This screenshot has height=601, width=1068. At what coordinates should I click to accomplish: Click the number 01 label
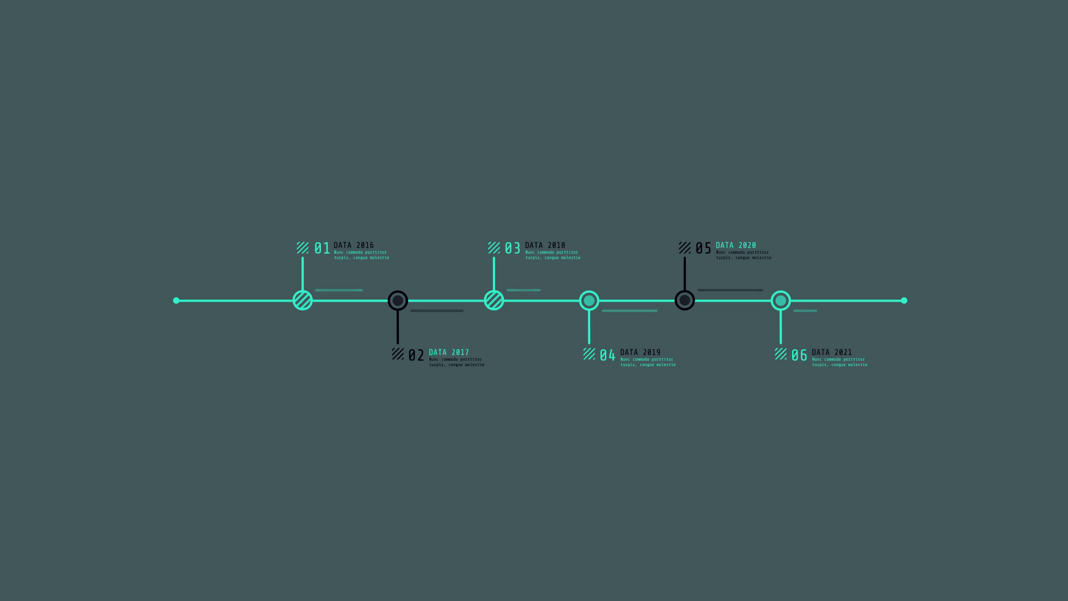click(322, 248)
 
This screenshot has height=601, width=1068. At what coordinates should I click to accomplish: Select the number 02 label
click(416, 356)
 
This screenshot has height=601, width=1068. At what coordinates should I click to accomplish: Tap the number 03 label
click(512, 248)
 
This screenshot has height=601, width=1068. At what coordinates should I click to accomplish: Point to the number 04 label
click(607, 356)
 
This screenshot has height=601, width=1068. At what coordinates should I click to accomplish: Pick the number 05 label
click(703, 248)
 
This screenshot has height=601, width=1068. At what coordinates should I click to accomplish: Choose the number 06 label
click(799, 356)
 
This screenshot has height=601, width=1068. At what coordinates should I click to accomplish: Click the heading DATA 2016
click(354, 245)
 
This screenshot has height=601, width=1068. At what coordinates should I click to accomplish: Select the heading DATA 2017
click(449, 352)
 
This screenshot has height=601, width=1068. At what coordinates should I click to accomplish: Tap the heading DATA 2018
click(545, 245)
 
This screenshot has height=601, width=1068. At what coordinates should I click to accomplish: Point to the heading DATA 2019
click(640, 352)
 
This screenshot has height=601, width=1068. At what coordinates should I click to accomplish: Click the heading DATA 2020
click(736, 245)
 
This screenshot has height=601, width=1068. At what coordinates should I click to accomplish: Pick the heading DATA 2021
click(832, 352)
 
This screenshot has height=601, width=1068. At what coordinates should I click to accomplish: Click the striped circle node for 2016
click(303, 300)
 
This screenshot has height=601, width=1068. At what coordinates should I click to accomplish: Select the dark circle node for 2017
click(398, 301)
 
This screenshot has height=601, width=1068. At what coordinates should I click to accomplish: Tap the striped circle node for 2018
click(494, 300)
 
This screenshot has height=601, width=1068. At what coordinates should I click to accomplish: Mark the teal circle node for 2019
click(589, 301)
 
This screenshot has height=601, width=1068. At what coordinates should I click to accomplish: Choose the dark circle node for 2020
click(685, 301)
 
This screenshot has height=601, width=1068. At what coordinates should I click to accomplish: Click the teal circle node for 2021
click(781, 301)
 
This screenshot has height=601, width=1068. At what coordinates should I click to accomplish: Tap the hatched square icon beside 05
click(685, 248)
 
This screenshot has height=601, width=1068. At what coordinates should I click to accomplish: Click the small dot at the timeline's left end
click(176, 300)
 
